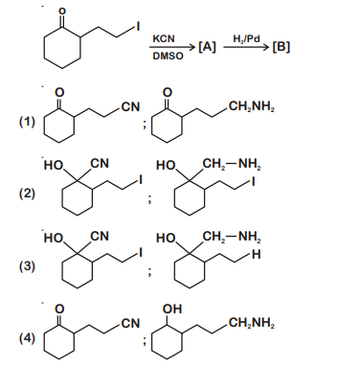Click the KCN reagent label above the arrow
tap(164, 38)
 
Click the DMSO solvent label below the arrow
tap(168, 56)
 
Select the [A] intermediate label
tap(207, 47)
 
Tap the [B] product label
tap(281, 47)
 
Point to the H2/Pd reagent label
tap(246, 39)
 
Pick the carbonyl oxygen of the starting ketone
tap(62, 11)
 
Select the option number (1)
tap(27, 122)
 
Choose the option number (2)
tap(27, 194)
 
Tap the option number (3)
tap(27, 265)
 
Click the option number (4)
tap(27, 338)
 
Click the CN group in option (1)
tap(131, 107)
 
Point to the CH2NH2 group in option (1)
tap(252, 107)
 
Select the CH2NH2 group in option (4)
tap(252, 324)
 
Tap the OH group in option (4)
tap(172, 309)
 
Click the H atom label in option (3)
tap(256, 255)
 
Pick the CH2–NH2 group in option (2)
tap(232, 164)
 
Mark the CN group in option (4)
tap(131, 323)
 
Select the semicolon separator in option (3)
tap(148, 271)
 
